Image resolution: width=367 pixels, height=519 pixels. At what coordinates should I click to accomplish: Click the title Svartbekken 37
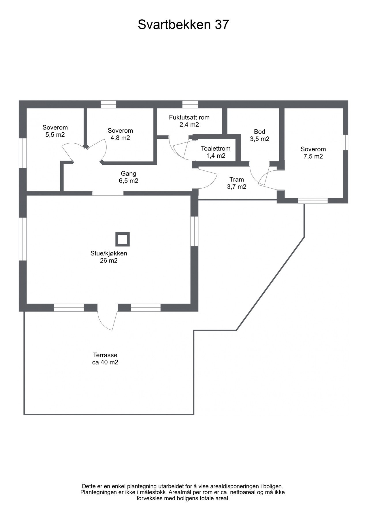[x=183, y=25]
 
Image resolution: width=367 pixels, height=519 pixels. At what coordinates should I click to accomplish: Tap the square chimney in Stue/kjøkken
[x=123, y=239]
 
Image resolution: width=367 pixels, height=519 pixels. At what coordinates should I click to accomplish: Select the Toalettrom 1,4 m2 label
[x=216, y=152]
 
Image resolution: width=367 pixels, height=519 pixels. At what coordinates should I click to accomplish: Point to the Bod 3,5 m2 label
[x=259, y=135]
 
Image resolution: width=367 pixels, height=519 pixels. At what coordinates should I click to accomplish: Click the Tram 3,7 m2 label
[x=236, y=183]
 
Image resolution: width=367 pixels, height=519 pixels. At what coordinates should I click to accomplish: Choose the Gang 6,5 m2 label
[x=128, y=177]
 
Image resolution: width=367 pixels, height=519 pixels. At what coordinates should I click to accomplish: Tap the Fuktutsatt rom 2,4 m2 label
[x=189, y=121]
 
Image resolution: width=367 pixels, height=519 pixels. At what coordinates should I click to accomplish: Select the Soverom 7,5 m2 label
[x=313, y=153]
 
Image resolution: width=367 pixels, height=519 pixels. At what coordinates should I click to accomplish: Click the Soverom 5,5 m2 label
[x=55, y=131]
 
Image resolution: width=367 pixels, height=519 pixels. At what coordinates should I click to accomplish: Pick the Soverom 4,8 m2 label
[x=120, y=134]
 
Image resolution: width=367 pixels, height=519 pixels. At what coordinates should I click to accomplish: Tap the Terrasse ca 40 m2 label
[x=105, y=359]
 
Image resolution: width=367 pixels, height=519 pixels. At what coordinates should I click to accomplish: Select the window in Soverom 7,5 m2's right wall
[x=346, y=142]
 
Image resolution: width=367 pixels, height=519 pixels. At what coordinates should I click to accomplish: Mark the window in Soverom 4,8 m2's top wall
[x=108, y=104]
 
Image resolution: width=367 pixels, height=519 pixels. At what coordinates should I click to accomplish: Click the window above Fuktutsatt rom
[x=190, y=104]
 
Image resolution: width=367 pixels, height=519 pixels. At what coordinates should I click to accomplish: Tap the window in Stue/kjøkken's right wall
[x=195, y=231]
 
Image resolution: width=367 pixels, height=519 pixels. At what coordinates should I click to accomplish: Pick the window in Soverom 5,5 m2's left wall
[x=23, y=153]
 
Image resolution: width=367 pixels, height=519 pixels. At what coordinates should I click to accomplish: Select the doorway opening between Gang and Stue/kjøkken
[x=108, y=193]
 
